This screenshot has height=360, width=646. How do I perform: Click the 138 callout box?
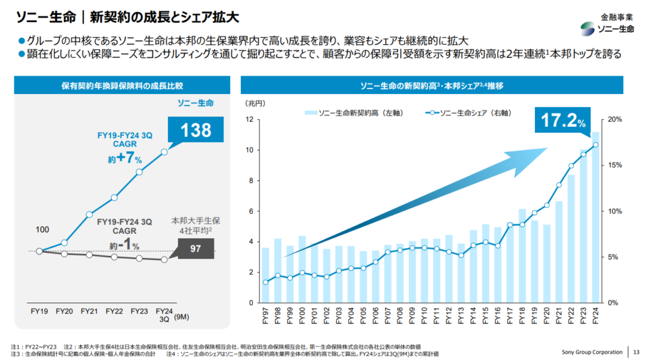click(x=196, y=131)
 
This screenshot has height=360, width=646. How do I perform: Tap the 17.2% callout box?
click(x=563, y=119)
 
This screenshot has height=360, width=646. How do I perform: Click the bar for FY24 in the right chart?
click(x=595, y=217)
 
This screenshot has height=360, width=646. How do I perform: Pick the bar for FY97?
click(x=266, y=275)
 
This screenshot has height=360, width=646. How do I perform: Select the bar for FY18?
click(x=522, y=255)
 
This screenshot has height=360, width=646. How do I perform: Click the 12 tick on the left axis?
click(x=250, y=119)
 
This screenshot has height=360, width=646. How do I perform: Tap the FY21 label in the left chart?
click(x=89, y=311)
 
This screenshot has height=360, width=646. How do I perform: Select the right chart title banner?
click(x=432, y=85)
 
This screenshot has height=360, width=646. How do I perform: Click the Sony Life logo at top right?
click(x=607, y=28)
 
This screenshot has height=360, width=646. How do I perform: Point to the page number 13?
click(x=636, y=351)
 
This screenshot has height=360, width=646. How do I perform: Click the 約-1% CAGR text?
click(x=126, y=243)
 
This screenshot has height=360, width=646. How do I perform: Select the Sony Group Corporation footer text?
click(x=592, y=351)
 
